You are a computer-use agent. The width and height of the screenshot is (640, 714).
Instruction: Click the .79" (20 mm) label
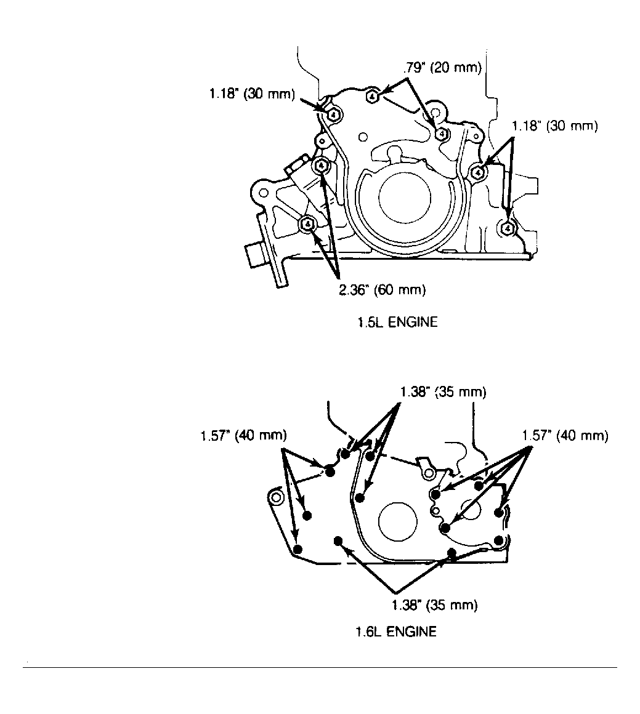(x=442, y=68)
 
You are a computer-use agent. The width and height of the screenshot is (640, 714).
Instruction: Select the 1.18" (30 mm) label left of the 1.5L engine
(x=251, y=94)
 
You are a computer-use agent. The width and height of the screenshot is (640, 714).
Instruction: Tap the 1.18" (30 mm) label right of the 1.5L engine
(x=555, y=126)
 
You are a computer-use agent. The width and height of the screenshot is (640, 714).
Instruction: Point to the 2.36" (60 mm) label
(x=383, y=290)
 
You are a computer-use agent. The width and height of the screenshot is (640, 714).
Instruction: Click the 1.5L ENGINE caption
(x=397, y=323)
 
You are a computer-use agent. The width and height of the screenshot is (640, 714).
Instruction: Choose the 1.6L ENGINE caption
(x=395, y=632)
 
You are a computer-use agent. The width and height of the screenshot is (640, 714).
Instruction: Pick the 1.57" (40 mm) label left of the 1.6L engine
(x=243, y=436)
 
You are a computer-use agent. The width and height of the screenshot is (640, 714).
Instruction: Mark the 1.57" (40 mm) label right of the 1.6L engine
(x=565, y=436)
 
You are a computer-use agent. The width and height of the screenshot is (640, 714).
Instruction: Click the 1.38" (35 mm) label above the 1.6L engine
(x=443, y=392)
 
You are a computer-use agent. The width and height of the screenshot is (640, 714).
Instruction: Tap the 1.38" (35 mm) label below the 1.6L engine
(x=434, y=605)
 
